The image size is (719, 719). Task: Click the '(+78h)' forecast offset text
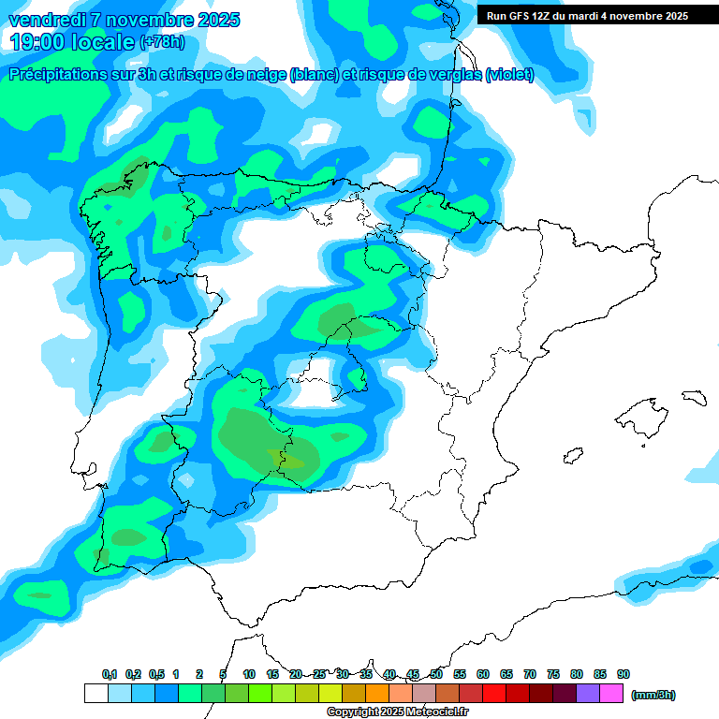pos(162,42)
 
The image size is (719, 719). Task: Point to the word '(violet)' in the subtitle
pos(509,75)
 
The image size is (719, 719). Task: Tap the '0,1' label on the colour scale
pos(110,674)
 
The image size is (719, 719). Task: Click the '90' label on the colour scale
pos(624,674)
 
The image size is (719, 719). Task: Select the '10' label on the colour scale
pos(249,674)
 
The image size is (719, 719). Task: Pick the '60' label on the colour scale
pos(483,674)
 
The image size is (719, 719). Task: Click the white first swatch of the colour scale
pos(95,694)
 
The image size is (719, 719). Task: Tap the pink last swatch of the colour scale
pos(611,694)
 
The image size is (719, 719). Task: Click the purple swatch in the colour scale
pos(588,694)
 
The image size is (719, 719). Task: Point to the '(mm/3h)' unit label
pos(653,695)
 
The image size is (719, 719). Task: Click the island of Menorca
pos(694,397)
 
